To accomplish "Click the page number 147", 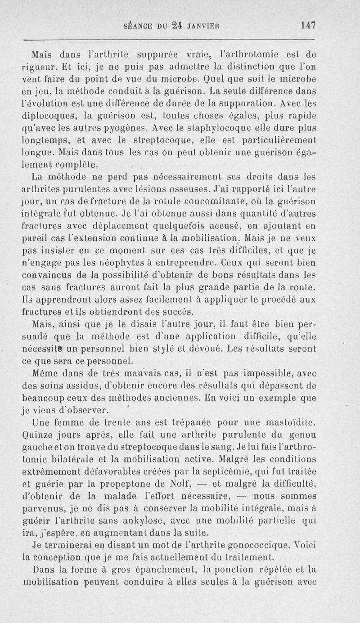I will click(308, 26).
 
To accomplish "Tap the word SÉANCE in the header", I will click(139, 26).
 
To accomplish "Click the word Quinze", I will click(37, 435).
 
